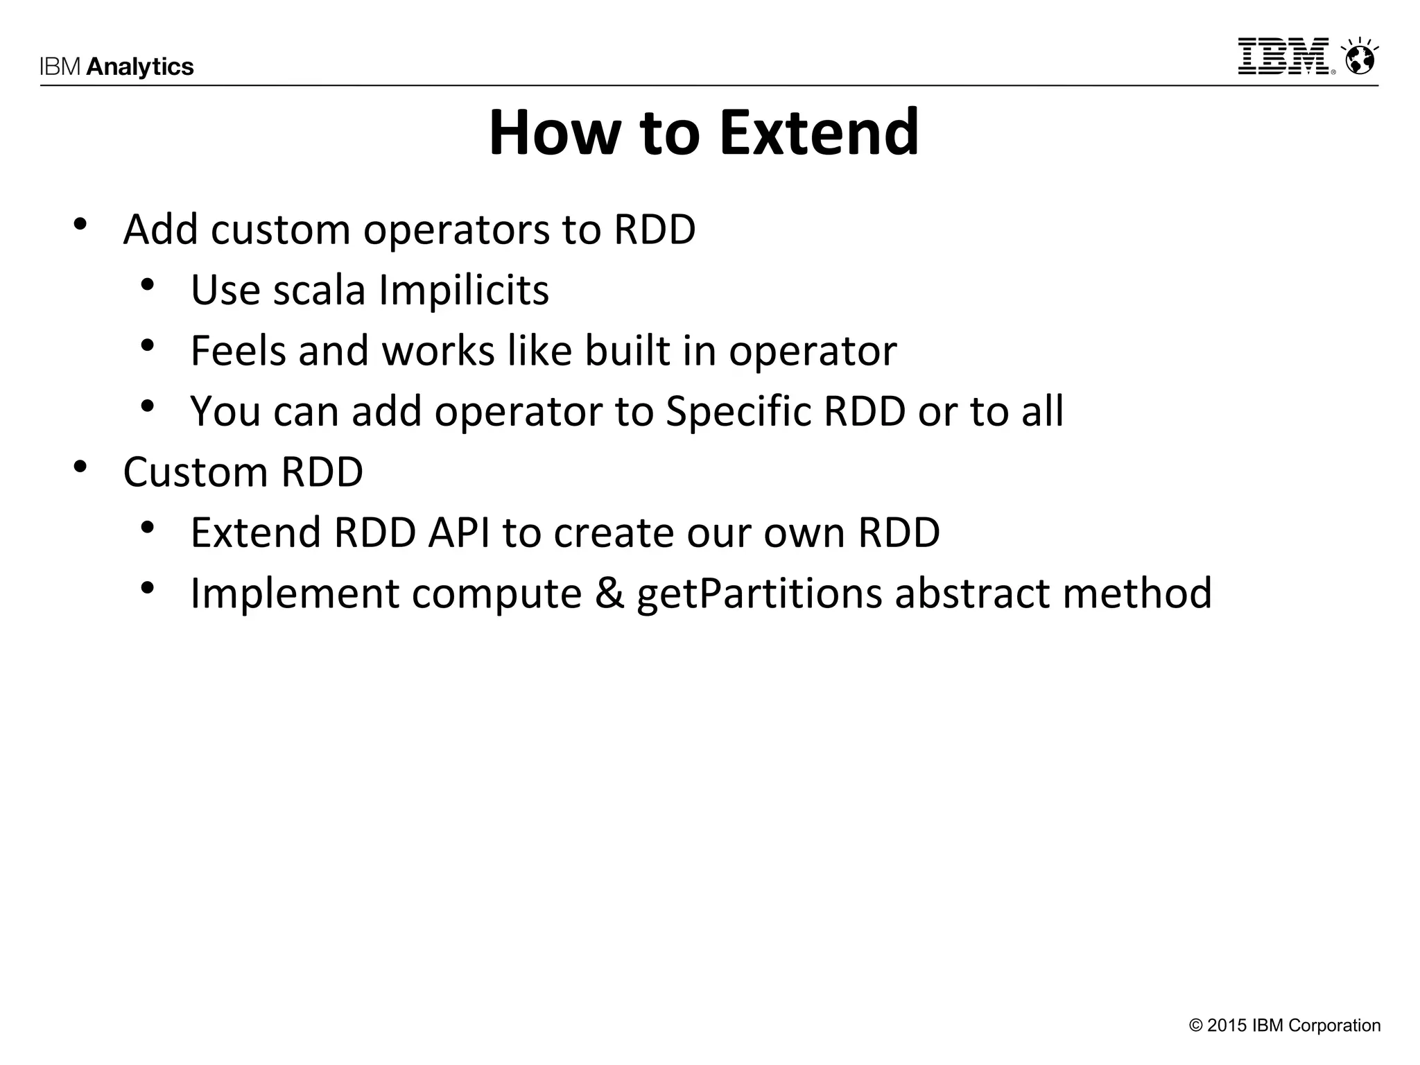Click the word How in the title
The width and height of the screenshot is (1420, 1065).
click(555, 132)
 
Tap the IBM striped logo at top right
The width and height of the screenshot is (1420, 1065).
click(1284, 57)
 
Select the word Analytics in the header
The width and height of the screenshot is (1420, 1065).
click(140, 67)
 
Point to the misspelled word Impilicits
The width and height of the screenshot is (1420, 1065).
click(464, 290)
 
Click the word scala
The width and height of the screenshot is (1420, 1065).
click(319, 290)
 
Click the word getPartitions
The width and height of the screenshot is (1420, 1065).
click(759, 594)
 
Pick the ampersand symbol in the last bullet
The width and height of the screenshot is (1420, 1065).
click(609, 594)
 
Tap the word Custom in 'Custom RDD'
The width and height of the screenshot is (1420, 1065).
click(195, 472)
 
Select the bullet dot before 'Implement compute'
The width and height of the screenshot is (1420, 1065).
click(147, 588)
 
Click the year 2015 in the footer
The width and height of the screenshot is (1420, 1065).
click(1227, 1025)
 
